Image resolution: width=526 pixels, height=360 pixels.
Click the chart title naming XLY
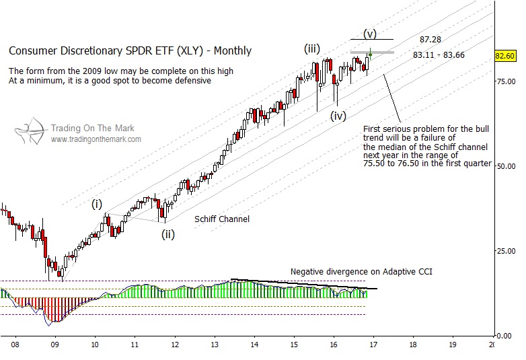(x=130, y=50)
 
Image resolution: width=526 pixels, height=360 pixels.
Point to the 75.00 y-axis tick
(x=506, y=81)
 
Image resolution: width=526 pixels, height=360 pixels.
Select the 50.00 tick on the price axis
(x=506, y=166)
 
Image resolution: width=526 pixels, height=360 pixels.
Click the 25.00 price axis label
(x=506, y=251)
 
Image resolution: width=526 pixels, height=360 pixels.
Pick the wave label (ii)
(x=167, y=235)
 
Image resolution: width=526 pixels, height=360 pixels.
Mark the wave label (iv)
(x=338, y=115)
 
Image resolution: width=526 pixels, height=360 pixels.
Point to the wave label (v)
(x=370, y=32)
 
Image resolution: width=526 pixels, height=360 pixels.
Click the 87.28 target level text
(x=430, y=40)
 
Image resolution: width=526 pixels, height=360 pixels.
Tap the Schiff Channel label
(x=222, y=219)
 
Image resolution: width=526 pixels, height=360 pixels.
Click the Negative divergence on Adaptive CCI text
(x=361, y=272)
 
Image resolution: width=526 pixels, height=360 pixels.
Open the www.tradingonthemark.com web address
(x=96, y=139)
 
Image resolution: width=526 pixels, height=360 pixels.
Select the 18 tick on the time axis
(x=412, y=345)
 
